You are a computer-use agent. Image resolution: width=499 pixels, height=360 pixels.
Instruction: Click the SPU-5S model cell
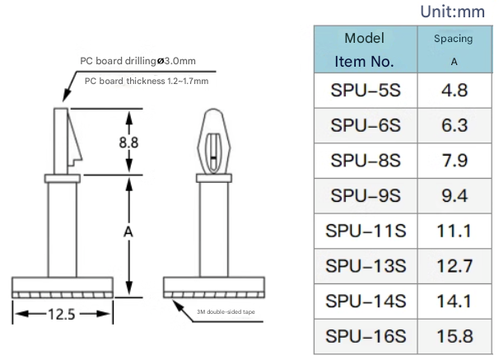coord(364,90)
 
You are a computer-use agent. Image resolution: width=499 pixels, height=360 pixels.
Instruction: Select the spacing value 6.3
coord(455,125)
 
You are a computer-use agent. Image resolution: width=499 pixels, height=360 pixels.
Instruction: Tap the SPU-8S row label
coord(364,160)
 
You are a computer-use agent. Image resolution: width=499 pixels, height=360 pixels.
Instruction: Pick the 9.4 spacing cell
coord(455,195)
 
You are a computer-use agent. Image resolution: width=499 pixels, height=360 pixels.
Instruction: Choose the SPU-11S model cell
coord(364,231)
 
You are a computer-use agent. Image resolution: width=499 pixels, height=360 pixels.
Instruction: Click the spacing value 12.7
coord(455,266)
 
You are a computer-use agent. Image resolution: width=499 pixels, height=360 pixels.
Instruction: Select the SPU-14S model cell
coord(364,302)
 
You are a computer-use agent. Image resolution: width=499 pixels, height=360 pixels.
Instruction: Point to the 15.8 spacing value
coord(455,336)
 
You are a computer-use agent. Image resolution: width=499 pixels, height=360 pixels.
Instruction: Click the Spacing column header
coord(454,49)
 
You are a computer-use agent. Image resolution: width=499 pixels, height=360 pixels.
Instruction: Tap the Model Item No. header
coord(364,49)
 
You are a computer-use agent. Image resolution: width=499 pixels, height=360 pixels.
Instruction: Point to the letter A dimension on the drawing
coord(128,232)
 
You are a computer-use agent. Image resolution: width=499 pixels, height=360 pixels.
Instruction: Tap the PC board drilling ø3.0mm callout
coord(137,61)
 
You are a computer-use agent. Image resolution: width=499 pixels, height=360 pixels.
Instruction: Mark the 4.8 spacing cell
coord(455,90)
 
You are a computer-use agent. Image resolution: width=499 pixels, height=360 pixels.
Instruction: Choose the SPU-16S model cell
coord(364,336)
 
